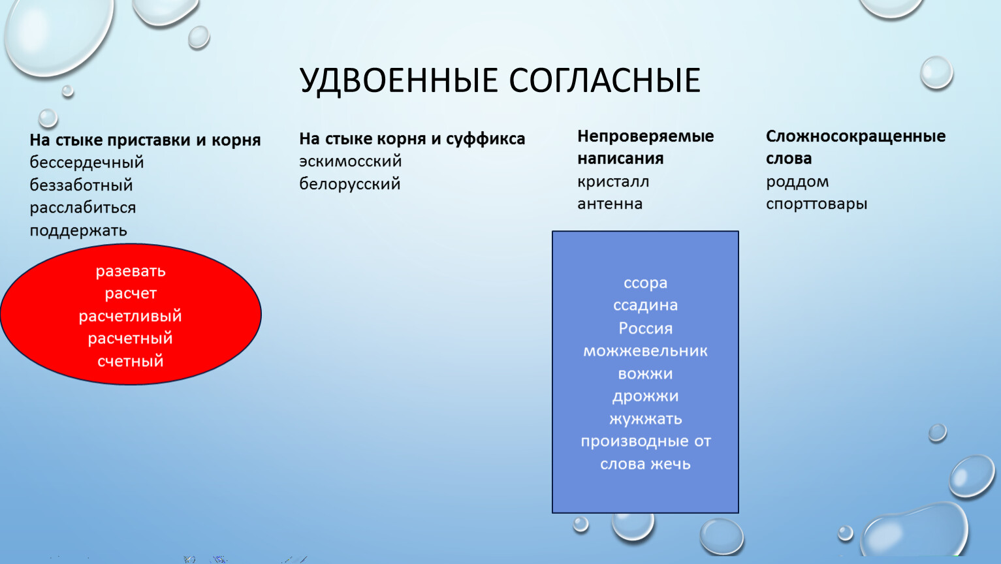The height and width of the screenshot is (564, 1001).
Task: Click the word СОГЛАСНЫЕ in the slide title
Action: pos(605,80)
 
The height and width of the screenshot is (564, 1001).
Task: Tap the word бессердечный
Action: pos(87,163)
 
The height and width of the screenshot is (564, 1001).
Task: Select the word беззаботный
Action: pos(82,185)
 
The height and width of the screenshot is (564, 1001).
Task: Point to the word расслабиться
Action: pos(83,208)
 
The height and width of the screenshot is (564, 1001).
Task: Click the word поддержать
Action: pos(78,230)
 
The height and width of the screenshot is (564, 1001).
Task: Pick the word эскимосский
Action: pos(351,161)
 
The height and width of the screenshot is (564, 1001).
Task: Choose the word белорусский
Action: pos(350,183)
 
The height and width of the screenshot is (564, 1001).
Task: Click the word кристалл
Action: pos(613,182)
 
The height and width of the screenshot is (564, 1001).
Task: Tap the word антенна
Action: pos(610,204)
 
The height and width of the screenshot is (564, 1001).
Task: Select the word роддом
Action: pos(797,181)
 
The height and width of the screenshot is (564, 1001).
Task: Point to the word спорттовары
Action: pos(816,204)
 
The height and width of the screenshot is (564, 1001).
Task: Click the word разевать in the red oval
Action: pos(131,272)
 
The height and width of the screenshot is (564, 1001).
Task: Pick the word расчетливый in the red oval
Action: pos(131,316)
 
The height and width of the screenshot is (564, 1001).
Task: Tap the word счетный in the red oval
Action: pos(131,361)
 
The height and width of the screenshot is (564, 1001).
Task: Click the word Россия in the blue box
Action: pos(645,328)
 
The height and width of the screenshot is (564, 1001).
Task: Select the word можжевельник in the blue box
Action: pos(645,351)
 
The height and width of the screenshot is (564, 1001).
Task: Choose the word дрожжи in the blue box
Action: pos(645,396)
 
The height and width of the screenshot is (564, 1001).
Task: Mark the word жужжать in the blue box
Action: pos(645,418)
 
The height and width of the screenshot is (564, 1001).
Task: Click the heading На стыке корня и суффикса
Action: pos(412,139)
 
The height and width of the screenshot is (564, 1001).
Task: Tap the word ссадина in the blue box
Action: pos(645,305)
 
